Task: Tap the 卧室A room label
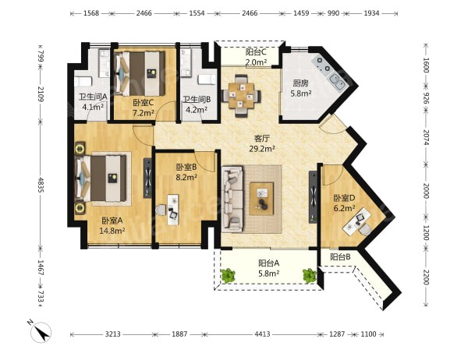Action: coord(112,221)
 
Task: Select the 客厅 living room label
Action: coord(262,139)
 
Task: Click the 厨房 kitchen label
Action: coord(300,83)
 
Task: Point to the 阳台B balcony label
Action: coord(340,257)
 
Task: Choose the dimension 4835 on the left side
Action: coord(41,185)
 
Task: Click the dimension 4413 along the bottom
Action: coord(262,334)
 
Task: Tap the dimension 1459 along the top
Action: coord(301,13)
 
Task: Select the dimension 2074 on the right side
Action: coord(426,137)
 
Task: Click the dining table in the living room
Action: coord(241,96)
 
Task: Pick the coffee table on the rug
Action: coord(262,199)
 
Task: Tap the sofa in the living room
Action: coord(232,199)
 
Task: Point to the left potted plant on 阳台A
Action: coord(228,276)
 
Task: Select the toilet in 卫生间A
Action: coord(83,81)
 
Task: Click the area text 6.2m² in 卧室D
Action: coord(344,208)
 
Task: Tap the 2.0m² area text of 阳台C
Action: coord(256,62)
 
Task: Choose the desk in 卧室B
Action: coord(173,210)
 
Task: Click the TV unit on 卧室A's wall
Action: coord(147,178)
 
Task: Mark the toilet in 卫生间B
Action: coord(207,79)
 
